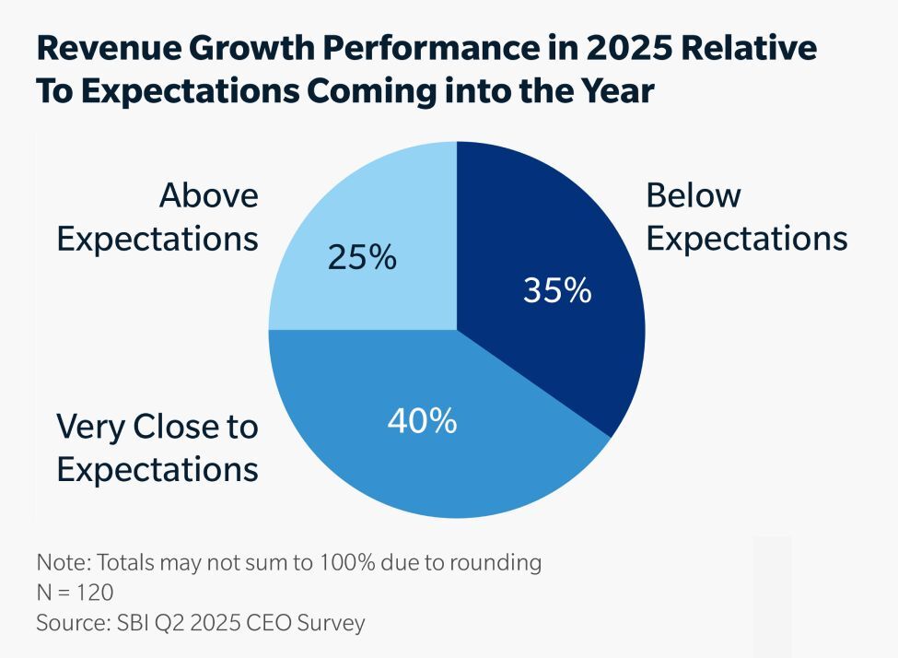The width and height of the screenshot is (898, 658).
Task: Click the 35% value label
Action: click(556, 290)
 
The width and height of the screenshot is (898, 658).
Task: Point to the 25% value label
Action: click(362, 258)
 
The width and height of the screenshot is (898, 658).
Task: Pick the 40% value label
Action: click(422, 422)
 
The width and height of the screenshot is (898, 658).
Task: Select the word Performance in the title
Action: click(415, 49)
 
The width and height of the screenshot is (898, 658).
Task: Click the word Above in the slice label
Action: click(209, 196)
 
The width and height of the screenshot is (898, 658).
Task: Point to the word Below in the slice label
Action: click(694, 196)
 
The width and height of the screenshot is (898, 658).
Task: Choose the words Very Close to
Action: click(157, 427)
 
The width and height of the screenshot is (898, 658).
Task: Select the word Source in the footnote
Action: click(68, 623)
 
